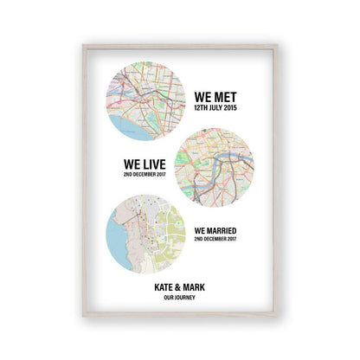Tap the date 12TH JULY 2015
pyautogui.click(x=215, y=110)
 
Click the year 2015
pyautogui.click(x=234, y=110)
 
